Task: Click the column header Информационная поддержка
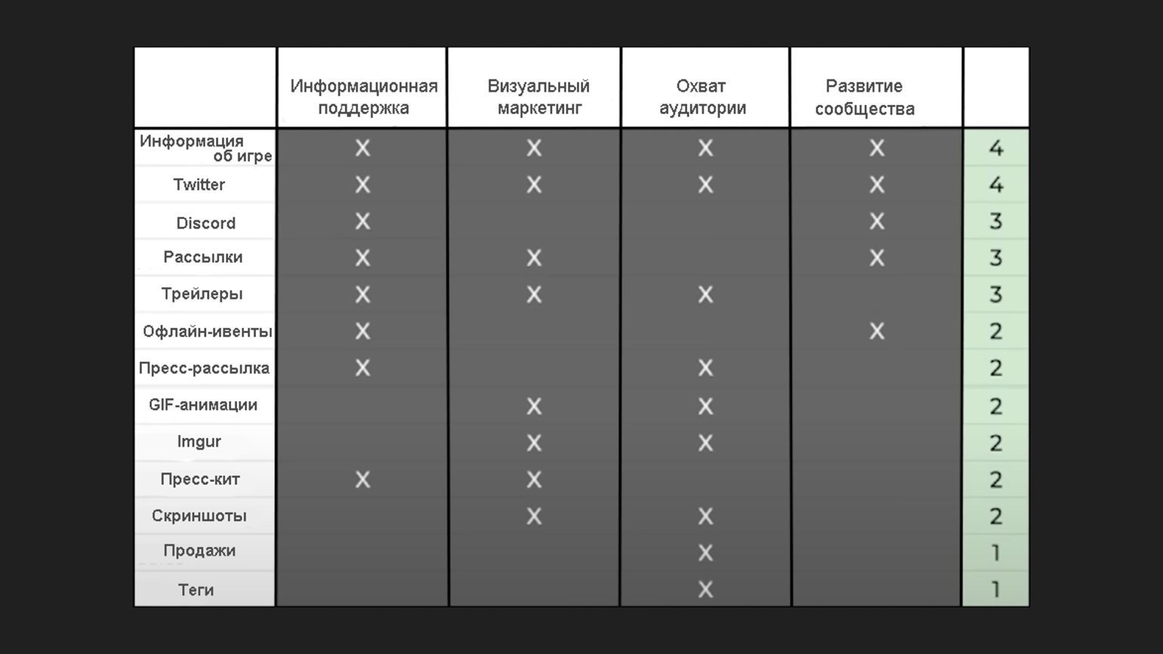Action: click(x=363, y=97)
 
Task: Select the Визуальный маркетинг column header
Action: click(x=538, y=97)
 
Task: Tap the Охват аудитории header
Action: click(x=702, y=97)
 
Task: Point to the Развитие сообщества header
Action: click(x=865, y=97)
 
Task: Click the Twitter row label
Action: click(x=199, y=184)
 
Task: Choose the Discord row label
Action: click(x=205, y=223)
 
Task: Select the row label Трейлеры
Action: click(x=202, y=294)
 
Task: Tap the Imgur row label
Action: click(x=199, y=441)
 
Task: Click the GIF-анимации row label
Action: click(x=203, y=404)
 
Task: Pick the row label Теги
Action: click(x=196, y=590)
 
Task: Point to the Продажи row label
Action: click(x=199, y=551)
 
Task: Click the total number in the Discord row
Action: click(x=995, y=221)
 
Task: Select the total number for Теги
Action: click(x=995, y=590)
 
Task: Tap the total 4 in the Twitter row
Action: click(x=995, y=185)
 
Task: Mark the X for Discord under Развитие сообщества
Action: click(x=877, y=221)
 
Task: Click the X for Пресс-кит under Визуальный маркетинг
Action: click(x=534, y=480)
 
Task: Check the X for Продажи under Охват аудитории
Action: click(x=705, y=553)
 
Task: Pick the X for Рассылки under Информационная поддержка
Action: click(x=363, y=258)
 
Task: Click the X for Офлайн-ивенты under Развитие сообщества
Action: click(x=877, y=331)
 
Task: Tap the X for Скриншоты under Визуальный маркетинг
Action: click(x=534, y=517)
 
